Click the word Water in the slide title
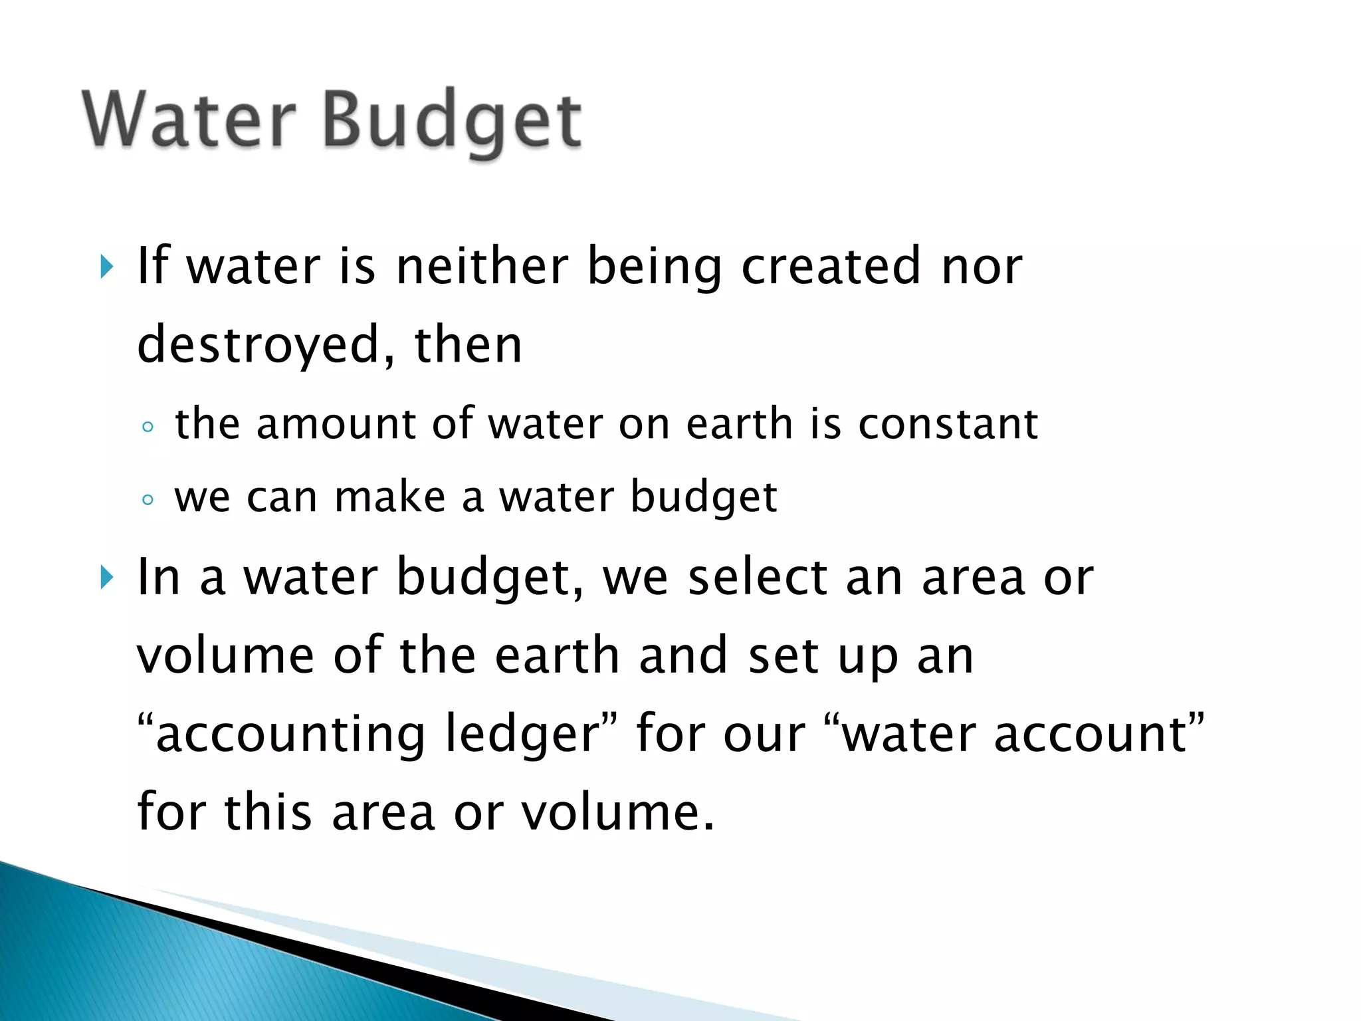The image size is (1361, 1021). (189, 120)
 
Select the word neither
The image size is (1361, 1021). (482, 266)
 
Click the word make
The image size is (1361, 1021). (389, 497)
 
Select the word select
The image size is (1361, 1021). (758, 577)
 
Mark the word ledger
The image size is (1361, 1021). (522, 735)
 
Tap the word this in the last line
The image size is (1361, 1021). (268, 812)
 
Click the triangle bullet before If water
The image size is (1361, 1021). (106, 267)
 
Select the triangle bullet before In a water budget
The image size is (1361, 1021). (106, 577)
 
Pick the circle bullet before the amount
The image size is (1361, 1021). (148, 427)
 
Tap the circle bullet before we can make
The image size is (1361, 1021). (148, 499)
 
